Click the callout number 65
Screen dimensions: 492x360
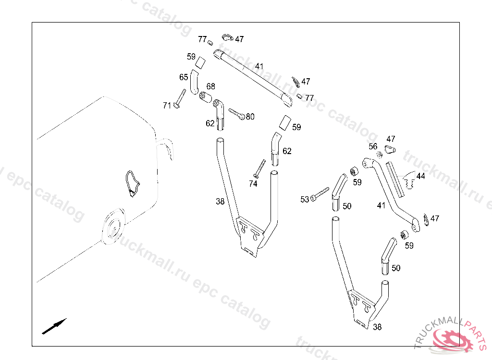(184, 77)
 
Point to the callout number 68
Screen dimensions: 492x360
(211, 86)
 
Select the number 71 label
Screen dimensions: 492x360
(167, 105)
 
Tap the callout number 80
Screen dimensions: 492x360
(250, 117)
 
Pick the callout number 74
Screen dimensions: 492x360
(253, 183)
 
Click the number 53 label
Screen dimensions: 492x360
(305, 199)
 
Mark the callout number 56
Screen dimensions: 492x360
(373, 146)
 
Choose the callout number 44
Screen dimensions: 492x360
(420, 176)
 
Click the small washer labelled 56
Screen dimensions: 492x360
(380, 154)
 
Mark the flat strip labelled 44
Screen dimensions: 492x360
(395, 176)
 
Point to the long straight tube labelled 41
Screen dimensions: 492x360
(252, 76)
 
